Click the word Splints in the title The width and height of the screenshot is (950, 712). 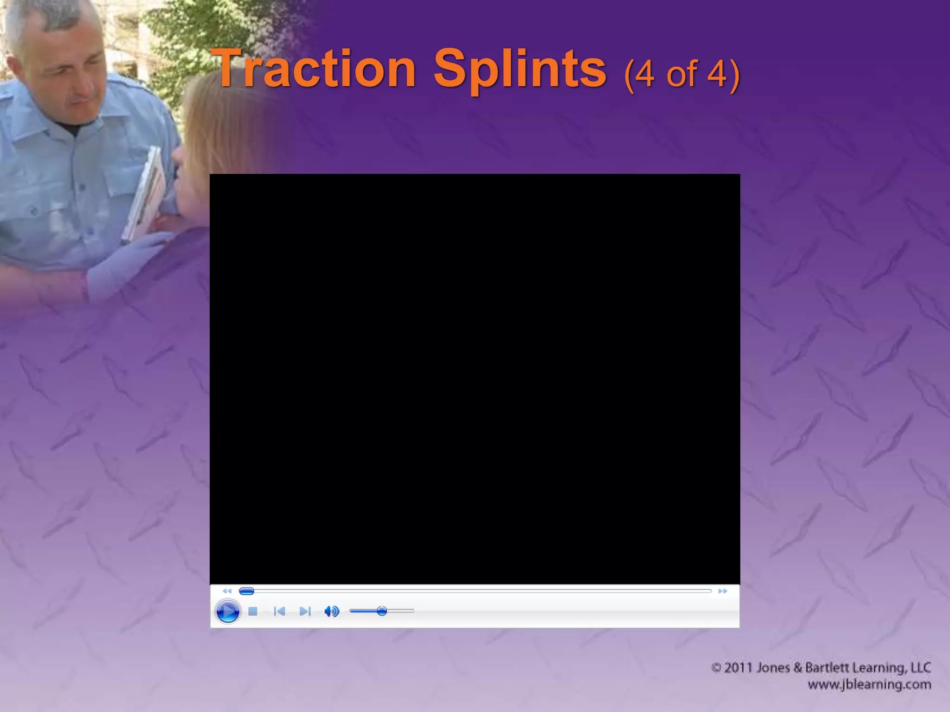click(520, 70)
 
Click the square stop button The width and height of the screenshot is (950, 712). click(253, 611)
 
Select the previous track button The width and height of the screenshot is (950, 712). click(279, 611)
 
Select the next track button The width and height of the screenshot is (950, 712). click(305, 611)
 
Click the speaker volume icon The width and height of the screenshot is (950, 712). click(332, 611)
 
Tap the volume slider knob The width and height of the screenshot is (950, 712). click(382, 611)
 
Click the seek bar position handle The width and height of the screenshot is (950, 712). click(246, 591)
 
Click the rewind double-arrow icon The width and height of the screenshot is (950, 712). click(227, 591)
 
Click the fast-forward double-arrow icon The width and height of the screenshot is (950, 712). click(723, 591)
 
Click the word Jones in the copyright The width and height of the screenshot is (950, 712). click(773, 668)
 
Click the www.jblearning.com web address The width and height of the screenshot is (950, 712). click(869, 685)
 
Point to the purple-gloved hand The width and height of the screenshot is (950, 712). click(125, 264)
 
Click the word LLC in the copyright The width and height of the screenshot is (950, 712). click(921, 668)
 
